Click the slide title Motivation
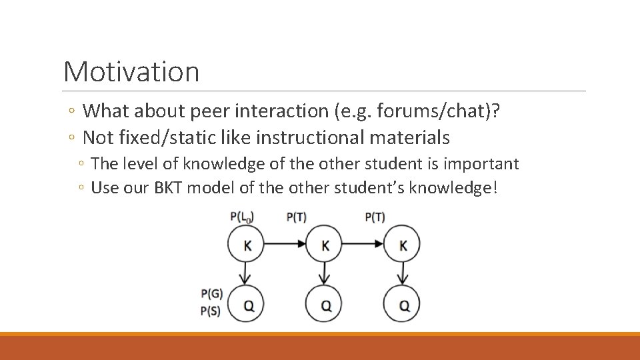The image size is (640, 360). [131, 71]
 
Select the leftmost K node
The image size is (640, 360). [247, 245]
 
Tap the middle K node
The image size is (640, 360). [325, 245]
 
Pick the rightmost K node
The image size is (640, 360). [402, 245]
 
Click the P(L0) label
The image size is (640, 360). [242, 217]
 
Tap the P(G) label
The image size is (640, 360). [211, 293]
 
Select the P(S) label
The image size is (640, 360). [211, 310]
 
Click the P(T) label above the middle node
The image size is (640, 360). [296, 217]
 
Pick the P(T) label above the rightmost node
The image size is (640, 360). [375, 217]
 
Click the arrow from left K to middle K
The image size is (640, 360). [286, 245]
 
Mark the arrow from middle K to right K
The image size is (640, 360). [363, 245]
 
